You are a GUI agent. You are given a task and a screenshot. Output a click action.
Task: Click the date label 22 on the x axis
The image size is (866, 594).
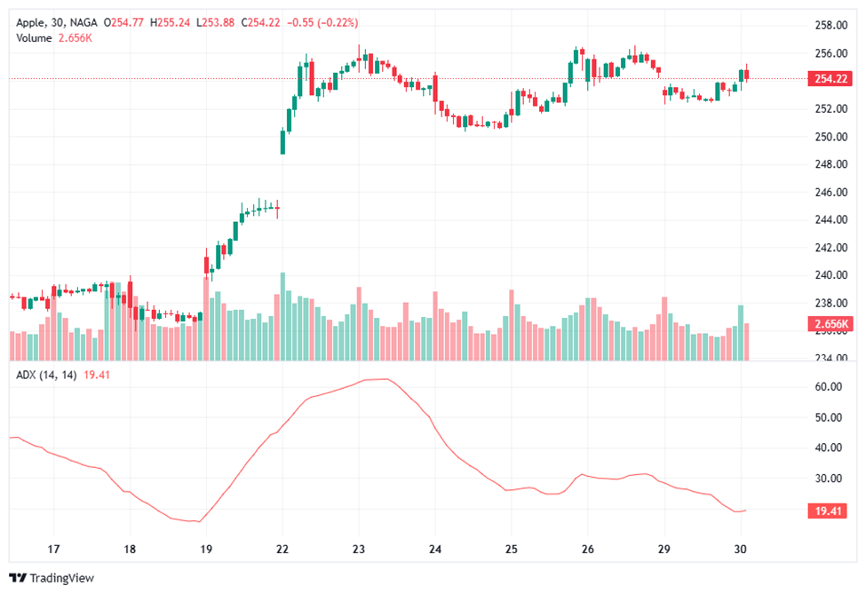(x=282, y=549)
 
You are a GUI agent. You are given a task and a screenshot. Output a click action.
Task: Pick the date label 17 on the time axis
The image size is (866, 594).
(x=53, y=549)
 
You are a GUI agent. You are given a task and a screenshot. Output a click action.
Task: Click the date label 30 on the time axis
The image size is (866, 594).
(x=740, y=549)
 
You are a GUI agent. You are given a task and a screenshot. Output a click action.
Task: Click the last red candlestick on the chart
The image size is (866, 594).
(x=747, y=74)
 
